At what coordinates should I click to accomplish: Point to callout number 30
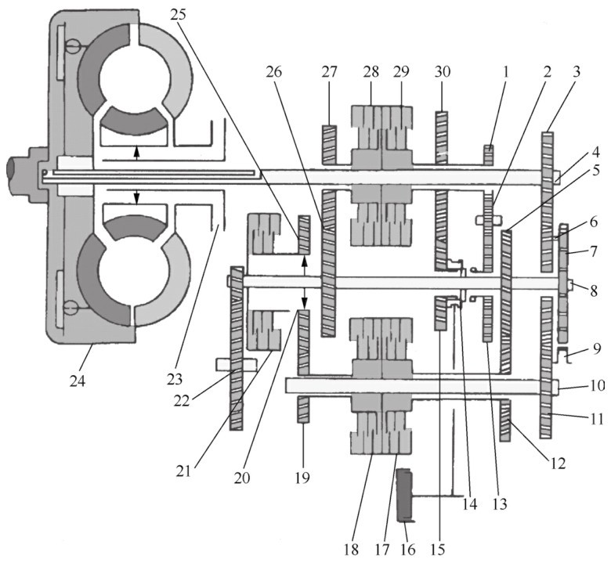click(442, 71)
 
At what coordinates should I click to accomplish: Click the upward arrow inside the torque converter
click(137, 153)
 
